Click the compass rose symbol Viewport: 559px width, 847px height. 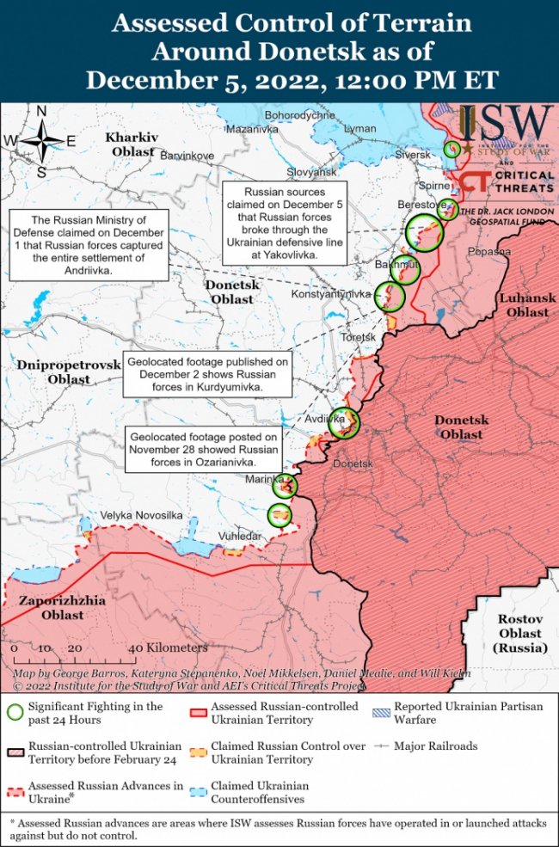[40, 141]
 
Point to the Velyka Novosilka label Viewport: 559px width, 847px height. [142, 515]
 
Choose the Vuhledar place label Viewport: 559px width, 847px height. [238, 535]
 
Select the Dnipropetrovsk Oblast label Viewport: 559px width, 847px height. [69, 371]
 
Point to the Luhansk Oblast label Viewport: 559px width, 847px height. [527, 305]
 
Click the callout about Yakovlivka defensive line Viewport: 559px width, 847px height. [286, 223]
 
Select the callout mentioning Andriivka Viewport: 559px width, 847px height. [89, 245]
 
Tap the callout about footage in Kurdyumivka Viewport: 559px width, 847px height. [207, 375]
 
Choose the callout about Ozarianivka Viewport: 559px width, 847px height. [203, 449]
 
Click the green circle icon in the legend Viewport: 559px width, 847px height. [15, 713]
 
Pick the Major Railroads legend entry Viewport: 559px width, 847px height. [435, 746]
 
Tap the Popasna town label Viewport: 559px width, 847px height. [489, 252]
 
